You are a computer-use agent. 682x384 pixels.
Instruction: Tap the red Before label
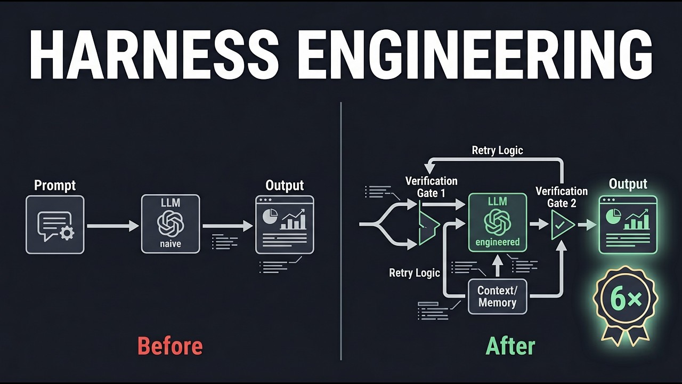tap(170, 346)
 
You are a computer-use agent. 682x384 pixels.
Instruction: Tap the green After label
tap(510, 346)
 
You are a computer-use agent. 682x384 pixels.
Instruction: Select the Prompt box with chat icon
tap(55, 225)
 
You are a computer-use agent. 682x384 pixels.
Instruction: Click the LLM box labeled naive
tap(170, 224)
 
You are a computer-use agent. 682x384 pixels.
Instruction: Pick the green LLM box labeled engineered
tap(497, 222)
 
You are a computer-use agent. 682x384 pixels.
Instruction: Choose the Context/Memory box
tap(497, 296)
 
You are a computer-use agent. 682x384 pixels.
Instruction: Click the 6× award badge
tap(626, 301)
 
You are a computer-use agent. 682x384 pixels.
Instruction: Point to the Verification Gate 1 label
tap(431, 187)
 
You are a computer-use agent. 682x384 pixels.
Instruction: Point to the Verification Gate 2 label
tap(562, 197)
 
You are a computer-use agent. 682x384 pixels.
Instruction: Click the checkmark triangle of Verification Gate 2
tap(561, 225)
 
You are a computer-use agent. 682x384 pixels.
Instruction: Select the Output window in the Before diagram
tap(285, 225)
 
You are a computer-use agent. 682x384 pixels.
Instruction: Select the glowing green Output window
tap(628, 224)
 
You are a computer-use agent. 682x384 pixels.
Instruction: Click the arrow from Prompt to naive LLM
tap(112, 226)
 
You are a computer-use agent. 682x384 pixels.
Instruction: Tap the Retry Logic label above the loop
tap(497, 150)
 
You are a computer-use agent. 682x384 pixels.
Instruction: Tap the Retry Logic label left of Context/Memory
tap(415, 273)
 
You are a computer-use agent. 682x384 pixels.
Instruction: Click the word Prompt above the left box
tap(55, 185)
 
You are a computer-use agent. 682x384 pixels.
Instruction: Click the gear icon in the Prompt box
tap(67, 233)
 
